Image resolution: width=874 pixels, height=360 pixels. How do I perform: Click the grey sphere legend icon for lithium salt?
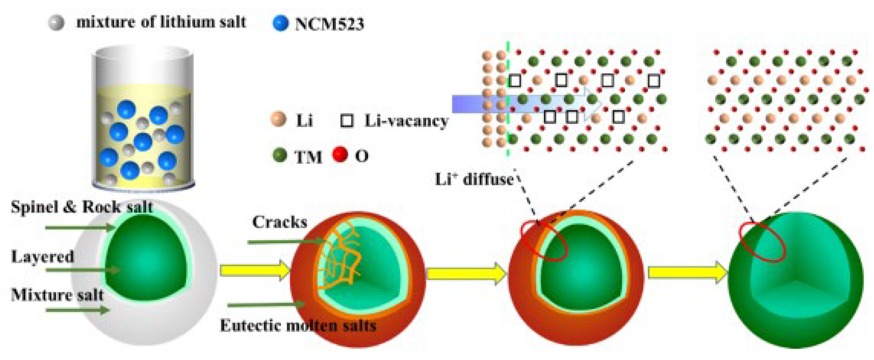click(x=56, y=23)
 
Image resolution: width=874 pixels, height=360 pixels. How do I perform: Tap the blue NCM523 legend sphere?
click(x=280, y=23)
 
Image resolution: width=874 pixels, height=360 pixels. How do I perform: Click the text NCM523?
click(x=329, y=24)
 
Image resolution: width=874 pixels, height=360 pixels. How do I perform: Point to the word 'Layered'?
click(x=42, y=257)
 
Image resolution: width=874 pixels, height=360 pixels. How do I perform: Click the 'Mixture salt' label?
click(x=57, y=295)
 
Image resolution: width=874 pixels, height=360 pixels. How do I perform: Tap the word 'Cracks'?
click(x=280, y=222)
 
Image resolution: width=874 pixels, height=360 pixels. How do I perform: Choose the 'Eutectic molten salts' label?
click(x=298, y=326)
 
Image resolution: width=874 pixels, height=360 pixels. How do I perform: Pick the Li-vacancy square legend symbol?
click(x=347, y=120)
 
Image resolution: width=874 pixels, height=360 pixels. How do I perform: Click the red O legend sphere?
click(x=340, y=155)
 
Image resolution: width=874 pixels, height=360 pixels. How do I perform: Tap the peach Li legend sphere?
click(x=279, y=119)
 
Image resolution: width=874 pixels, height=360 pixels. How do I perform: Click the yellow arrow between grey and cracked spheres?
click(x=254, y=270)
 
